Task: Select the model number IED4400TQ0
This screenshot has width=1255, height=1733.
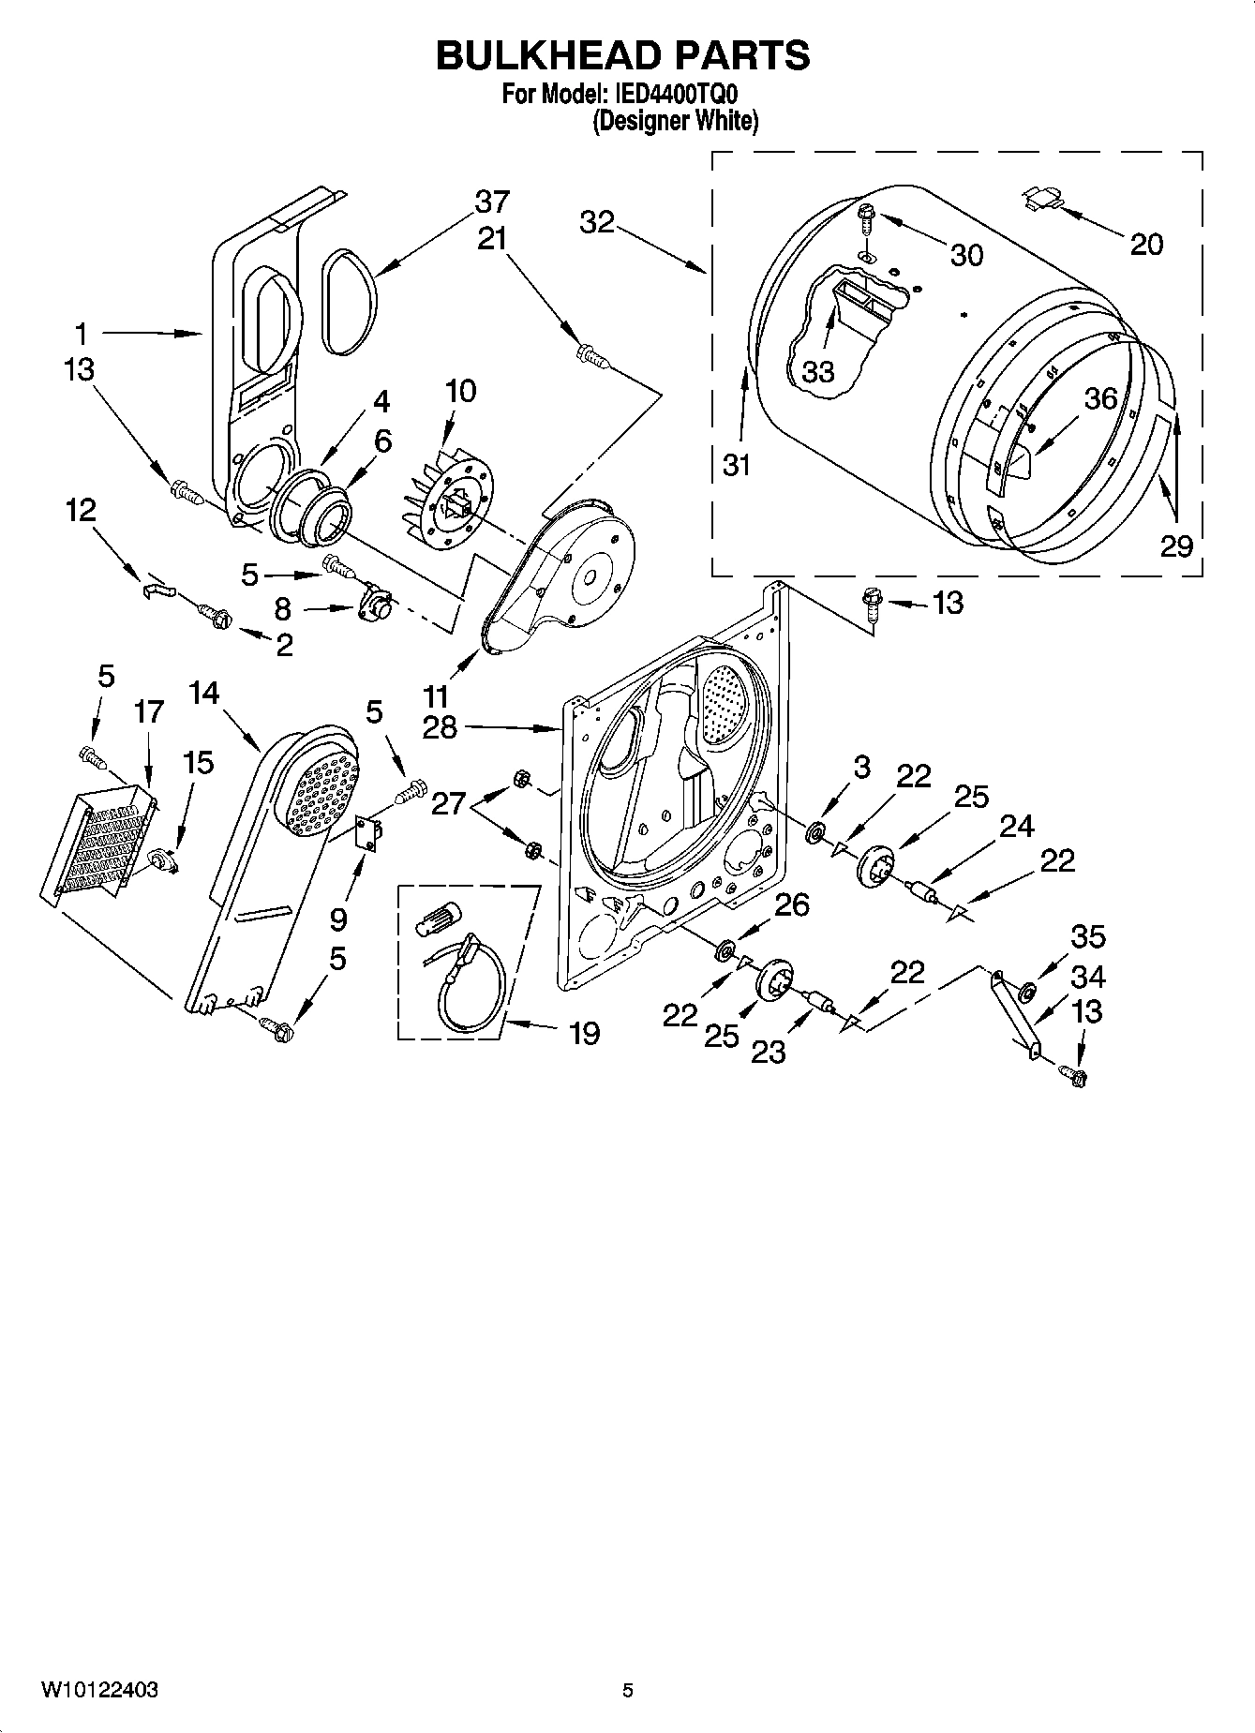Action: click(674, 95)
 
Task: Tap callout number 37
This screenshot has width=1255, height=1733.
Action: click(491, 202)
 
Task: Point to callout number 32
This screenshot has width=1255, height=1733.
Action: click(596, 222)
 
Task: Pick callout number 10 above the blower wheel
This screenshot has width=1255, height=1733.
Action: click(460, 391)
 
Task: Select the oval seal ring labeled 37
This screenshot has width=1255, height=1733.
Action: click(350, 303)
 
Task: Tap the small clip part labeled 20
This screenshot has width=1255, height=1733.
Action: click(1042, 198)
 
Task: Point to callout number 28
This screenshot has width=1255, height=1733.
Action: click(440, 727)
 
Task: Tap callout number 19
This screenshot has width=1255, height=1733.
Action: click(584, 1034)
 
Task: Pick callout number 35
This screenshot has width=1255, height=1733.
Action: click(1087, 936)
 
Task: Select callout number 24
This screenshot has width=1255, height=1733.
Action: click(1016, 826)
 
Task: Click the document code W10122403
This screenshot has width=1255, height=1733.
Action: click(98, 1690)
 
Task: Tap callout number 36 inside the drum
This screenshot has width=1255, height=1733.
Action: click(1100, 398)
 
